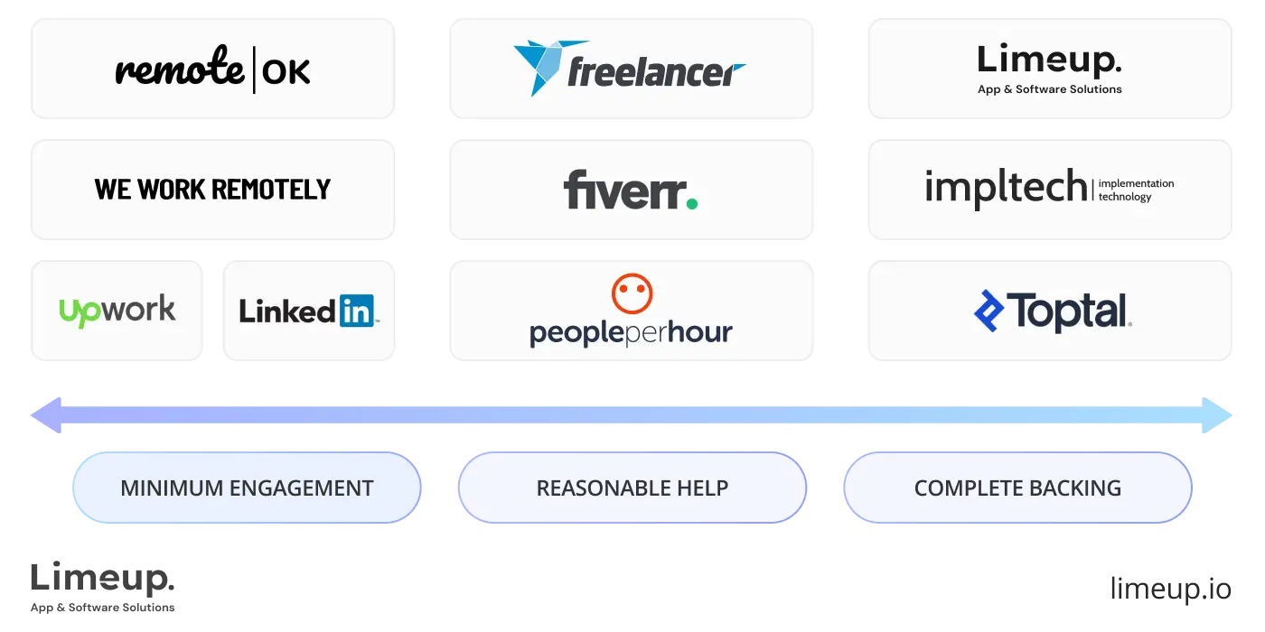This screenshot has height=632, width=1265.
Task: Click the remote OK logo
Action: tap(212, 70)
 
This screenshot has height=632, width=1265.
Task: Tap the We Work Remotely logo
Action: tap(212, 189)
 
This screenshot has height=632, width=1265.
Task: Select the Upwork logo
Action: tap(117, 311)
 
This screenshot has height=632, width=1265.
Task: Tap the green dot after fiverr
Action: tap(691, 204)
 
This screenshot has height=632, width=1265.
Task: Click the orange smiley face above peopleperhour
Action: tap(632, 294)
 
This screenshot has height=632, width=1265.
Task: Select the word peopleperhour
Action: tap(631, 333)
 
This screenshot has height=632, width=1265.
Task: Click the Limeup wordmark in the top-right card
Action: tap(1049, 61)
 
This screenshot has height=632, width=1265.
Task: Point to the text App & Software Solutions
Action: tap(1049, 89)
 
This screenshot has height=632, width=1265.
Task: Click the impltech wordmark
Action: tap(1007, 188)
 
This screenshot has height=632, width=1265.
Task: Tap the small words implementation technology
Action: tap(1136, 190)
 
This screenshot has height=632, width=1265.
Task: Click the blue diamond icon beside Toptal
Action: tap(989, 311)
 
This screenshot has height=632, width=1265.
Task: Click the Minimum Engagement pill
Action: tap(247, 488)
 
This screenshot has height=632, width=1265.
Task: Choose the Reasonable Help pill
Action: tap(632, 488)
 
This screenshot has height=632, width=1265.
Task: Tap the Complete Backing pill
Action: tap(1017, 488)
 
